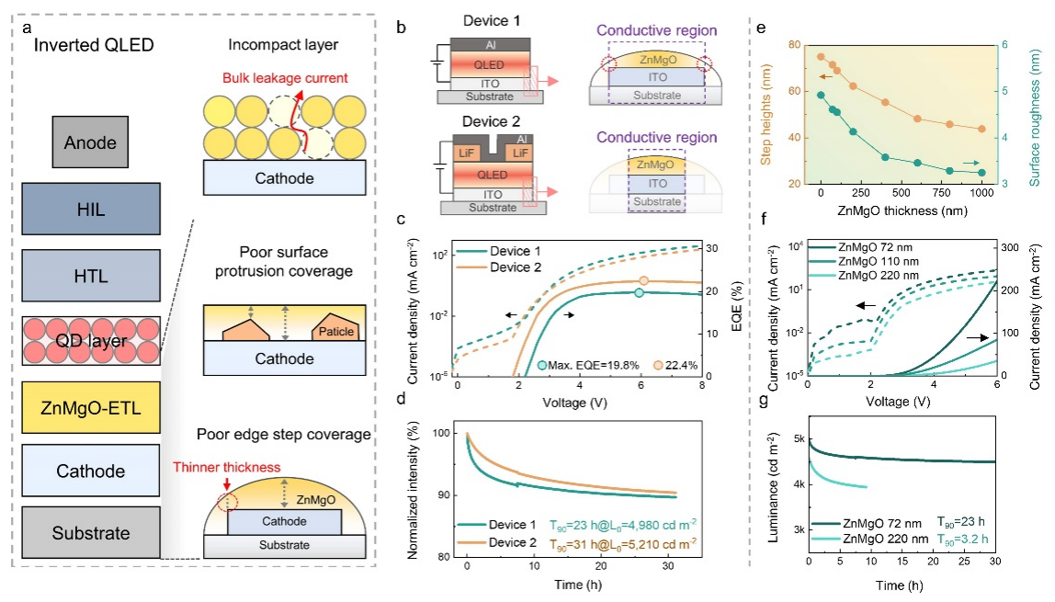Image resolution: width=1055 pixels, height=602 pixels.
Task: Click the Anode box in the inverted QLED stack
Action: point(91,143)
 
